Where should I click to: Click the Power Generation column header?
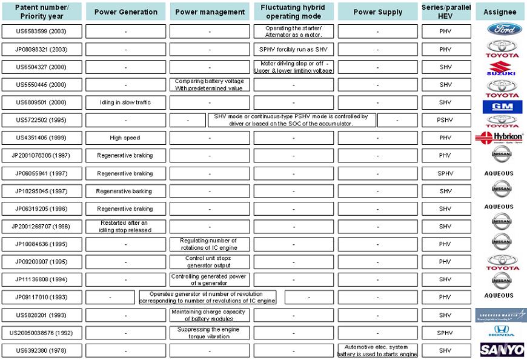[x=125, y=12]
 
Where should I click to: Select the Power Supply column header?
[x=377, y=12]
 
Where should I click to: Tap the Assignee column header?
[x=500, y=12]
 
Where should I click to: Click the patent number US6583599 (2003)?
[x=42, y=32]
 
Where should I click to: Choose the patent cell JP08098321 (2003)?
[x=42, y=49]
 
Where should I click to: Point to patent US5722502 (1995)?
[x=42, y=120]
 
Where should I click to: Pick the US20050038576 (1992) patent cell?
[x=42, y=333]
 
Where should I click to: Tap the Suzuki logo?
[x=501, y=68]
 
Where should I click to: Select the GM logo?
[x=502, y=107]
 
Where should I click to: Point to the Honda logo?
[x=501, y=331]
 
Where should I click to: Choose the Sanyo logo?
[x=502, y=350]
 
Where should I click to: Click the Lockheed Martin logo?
[x=501, y=315]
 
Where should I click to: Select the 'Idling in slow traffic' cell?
[x=125, y=102]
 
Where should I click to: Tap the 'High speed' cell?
[x=125, y=138]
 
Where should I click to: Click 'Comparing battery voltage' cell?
[x=210, y=85]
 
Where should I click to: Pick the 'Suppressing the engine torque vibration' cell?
[x=210, y=333]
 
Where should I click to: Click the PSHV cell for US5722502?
[x=446, y=120]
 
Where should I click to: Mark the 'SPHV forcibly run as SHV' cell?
[x=293, y=49]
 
